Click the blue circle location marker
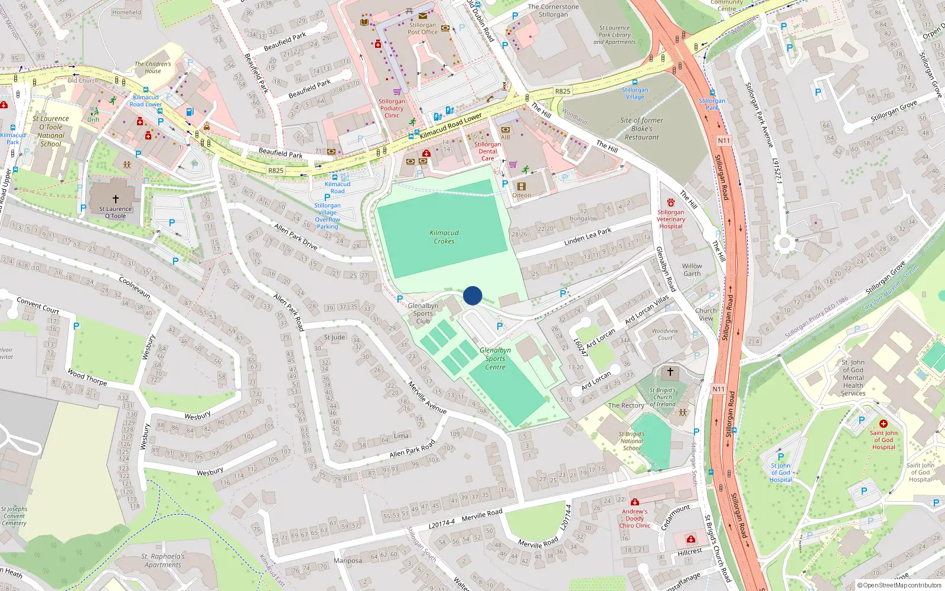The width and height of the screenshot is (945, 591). pos(472,295)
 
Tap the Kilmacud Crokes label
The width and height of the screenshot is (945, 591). pos(444,237)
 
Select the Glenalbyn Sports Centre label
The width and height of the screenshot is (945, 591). pos(495,359)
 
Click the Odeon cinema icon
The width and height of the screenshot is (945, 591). pos(522,186)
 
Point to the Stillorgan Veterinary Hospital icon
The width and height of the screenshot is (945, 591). pos(671,203)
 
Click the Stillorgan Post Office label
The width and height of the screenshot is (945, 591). pos(423,28)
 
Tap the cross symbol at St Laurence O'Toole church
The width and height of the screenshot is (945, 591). pos(116,199)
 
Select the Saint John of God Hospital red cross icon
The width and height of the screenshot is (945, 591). pos(884,424)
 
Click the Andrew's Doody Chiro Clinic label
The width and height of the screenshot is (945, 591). pos(635,518)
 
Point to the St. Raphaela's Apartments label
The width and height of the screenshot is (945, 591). pos(163,560)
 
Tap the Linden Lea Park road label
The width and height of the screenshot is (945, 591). pos(588,237)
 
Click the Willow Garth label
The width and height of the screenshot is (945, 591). pos(692,269)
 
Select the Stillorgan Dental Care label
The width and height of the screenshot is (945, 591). pos(488,151)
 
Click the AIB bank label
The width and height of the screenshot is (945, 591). pos(506,137)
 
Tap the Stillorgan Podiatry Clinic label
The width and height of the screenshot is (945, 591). pos(392,108)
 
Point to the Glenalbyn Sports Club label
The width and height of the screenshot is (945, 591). pos(423,313)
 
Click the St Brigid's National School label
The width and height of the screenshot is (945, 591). pos(631,441)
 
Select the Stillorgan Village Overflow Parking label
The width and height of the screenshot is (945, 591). pos(327,216)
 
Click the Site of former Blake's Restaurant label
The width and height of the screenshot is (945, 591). pos(642,128)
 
